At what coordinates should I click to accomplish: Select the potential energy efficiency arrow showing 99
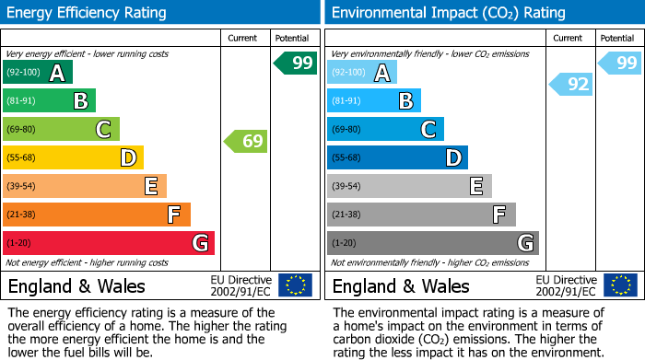(296, 64)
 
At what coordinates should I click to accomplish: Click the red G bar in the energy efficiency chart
(109, 243)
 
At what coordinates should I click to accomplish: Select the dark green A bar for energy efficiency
(38, 73)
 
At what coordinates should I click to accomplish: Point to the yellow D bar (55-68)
(73, 158)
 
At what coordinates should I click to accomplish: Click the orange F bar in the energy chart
(97, 215)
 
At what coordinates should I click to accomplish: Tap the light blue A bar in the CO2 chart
(362, 73)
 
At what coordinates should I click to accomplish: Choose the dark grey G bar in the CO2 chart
(432, 243)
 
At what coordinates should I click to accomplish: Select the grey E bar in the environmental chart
(409, 186)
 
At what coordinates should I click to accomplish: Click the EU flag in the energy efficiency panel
(296, 285)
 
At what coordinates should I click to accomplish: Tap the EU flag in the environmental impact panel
(620, 285)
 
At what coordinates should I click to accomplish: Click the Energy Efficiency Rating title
(88, 13)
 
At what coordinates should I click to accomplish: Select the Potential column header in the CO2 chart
(617, 38)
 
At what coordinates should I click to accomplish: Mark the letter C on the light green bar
(104, 130)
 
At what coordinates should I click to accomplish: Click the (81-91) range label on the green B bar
(23, 101)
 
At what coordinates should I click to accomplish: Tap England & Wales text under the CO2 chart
(401, 286)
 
